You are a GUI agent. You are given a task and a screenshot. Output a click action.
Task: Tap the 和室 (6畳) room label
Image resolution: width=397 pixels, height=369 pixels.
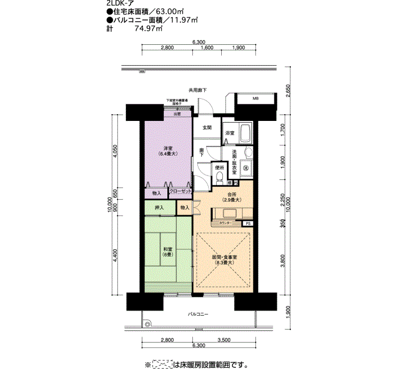point(168,252)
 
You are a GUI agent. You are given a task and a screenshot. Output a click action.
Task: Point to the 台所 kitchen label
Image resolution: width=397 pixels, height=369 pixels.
point(231,197)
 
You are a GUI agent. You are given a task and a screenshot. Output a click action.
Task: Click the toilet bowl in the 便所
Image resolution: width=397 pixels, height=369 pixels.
point(219,178)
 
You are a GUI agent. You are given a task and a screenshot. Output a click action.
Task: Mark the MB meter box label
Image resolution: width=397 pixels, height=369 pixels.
point(255,99)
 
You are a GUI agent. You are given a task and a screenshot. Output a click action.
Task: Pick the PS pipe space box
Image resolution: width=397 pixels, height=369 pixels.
point(248,224)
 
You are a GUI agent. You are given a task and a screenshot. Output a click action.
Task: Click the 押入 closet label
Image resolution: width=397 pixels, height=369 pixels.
point(159,208)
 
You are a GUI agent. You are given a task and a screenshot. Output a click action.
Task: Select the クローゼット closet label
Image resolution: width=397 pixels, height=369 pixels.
point(180,191)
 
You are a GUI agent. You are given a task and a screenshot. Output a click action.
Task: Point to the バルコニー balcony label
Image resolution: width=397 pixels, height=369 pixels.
point(198,314)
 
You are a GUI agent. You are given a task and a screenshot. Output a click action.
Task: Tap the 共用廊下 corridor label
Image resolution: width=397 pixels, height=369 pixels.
point(198,90)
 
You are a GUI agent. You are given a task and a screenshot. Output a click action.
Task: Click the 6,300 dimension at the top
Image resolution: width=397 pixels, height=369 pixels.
point(198,42)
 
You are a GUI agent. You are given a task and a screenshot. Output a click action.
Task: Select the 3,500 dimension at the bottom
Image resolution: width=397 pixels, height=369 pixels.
point(223,340)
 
